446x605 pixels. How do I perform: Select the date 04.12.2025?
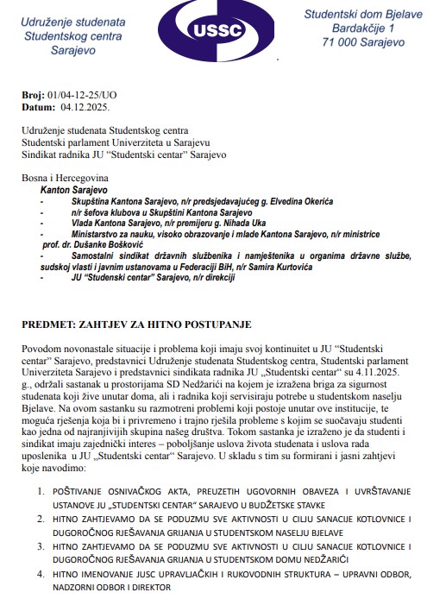(x=85, y=109)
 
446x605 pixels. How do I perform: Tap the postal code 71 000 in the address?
(x=337, y=41)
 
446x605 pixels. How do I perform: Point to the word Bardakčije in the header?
(x=330, y=28)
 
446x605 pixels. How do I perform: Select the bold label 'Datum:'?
(x=38, y=109)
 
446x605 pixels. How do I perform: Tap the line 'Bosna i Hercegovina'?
(x=65, y=176)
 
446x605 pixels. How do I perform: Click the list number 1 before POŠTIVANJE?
(x=41, y=491)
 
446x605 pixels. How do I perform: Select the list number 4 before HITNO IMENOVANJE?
(x=41, y=573)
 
